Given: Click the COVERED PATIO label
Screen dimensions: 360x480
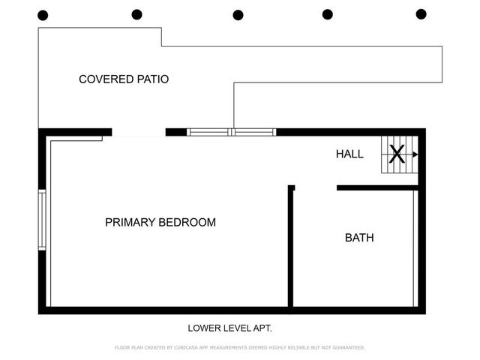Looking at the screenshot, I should [124, 79].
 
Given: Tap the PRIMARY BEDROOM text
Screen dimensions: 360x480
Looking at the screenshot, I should [160, 222].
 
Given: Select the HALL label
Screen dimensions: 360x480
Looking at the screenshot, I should [349, 154].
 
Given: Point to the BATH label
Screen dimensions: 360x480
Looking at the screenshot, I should [359, 238].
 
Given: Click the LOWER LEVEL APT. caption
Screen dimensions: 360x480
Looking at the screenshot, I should [229, 328].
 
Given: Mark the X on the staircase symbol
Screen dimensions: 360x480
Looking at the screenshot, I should [397, 154].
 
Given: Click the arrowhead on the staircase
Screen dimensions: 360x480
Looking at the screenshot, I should [415, 154].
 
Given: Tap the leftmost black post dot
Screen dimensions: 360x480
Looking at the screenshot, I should [43, 15].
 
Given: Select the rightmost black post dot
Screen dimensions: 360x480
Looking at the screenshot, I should [421, 13].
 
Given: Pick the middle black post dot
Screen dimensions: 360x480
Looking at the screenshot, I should [238, 15].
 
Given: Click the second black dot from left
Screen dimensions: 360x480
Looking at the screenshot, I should [136, 14].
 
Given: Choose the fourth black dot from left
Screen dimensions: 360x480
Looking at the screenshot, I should [328, 14].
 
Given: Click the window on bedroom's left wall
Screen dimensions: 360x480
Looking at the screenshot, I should [42, 220].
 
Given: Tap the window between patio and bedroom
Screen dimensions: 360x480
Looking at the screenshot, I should [232, 132].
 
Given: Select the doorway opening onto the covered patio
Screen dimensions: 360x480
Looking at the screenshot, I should [139, 133].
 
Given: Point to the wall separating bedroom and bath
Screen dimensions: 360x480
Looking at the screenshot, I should [291, 247].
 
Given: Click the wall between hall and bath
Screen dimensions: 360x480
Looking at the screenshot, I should [376, 187].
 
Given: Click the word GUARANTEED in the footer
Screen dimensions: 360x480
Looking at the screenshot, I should [346, 348].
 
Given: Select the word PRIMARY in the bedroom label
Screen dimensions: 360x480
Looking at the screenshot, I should [129, 222].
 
